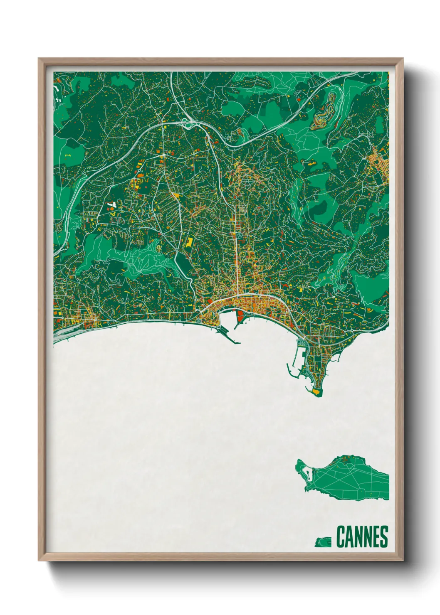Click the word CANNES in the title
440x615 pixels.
pos(362,537)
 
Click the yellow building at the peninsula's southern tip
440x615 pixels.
pos(318,391)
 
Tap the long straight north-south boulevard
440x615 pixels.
pos(237,249)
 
